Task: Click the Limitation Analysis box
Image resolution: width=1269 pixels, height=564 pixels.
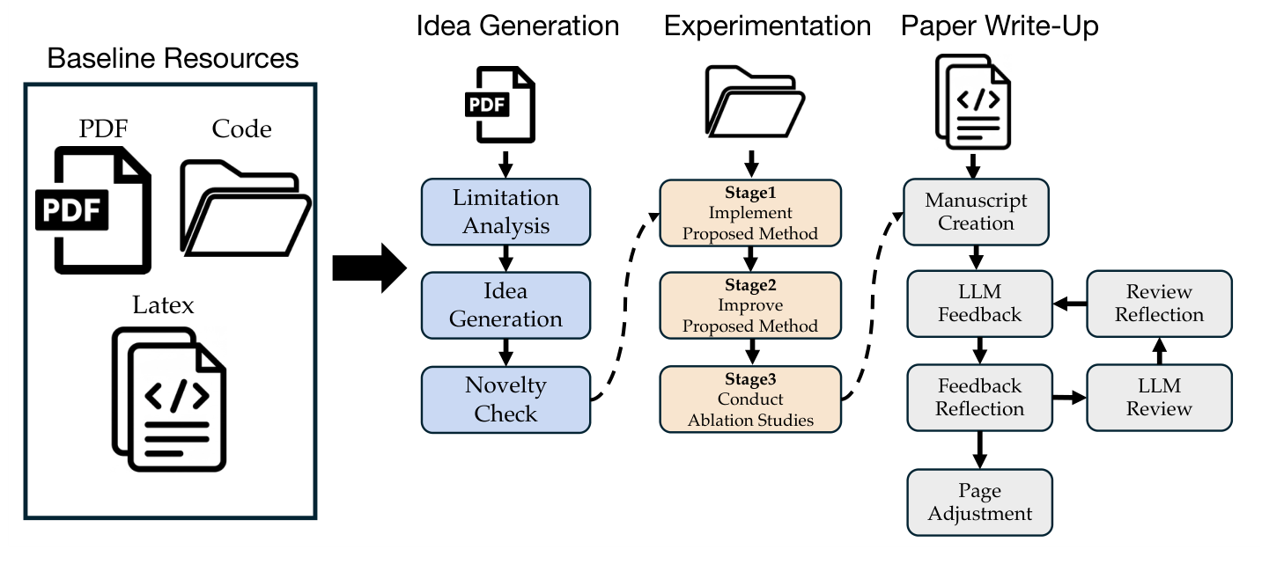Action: [x=505, y=212]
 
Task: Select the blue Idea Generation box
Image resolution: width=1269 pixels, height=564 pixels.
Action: [x=505, y=304]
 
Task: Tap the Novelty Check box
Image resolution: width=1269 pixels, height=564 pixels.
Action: [x=505, y=399]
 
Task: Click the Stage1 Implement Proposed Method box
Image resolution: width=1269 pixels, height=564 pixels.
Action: [x=750, y=212]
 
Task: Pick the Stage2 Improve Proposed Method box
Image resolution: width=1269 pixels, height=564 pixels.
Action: [x=750, y=304]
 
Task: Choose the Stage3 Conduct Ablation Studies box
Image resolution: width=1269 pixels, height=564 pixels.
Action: [x=750, y=399]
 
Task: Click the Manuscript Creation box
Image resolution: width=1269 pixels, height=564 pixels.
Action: [x=977, y=212]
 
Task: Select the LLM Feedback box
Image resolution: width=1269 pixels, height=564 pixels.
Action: [x=979, y=304]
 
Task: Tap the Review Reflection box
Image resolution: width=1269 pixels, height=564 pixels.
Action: [x=1159, y=304]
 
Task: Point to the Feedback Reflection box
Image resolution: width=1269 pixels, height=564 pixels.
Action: [x=979, y=398]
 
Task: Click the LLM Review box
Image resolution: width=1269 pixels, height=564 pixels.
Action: [x=1159, y=398]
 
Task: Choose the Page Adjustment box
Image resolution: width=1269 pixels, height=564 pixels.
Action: [x=979, y=502]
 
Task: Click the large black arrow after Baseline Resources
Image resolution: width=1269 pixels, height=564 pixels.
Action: [x=368, y=269]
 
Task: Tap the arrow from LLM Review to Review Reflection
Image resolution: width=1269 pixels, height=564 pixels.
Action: [x=1159, y=353]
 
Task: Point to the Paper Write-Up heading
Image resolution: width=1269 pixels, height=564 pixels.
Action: [x=999, y=26]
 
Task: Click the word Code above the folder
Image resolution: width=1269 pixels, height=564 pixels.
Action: [x=241, y=129]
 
